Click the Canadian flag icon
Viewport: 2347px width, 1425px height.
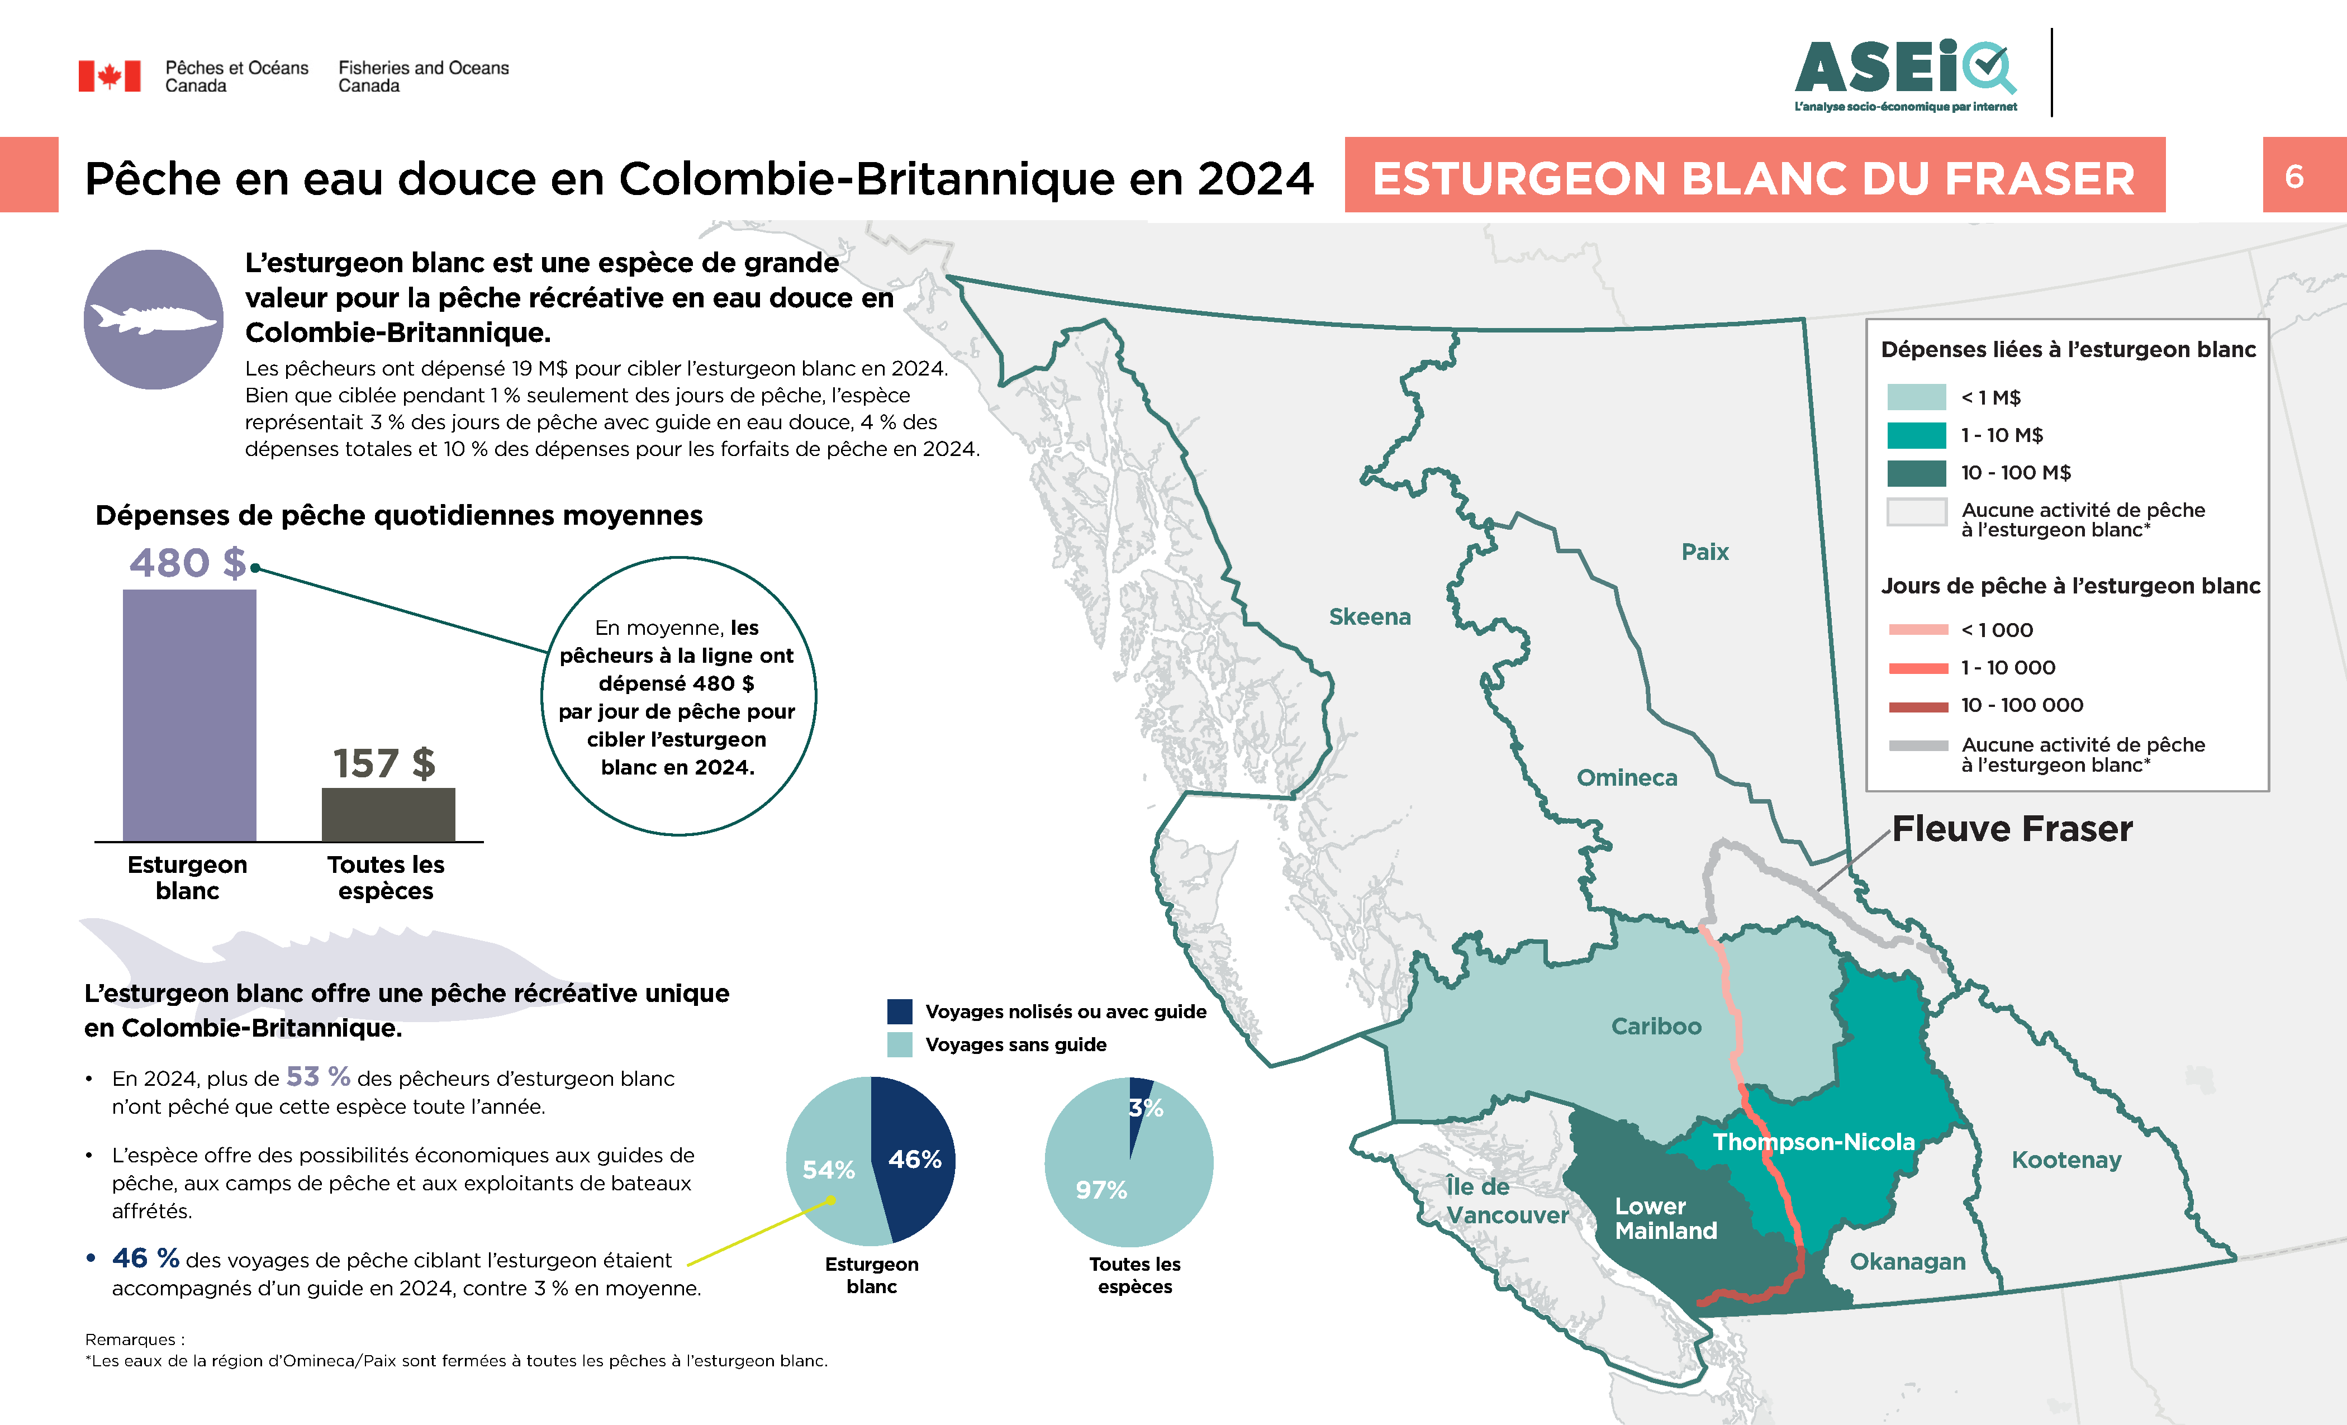coord(110,76)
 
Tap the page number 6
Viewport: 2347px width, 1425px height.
coord(2294,176)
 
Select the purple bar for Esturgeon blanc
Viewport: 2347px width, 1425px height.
coord(189,714)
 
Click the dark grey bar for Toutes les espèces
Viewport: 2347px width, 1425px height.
coord(388,814)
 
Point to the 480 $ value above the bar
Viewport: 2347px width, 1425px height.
coord(188,563)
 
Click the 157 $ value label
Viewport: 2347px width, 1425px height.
coord(384,763)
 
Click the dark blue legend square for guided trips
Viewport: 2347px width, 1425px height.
coord(899,1011)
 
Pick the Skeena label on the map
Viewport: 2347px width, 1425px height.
coord(1370,616)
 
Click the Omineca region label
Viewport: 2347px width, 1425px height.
coord(1627,777)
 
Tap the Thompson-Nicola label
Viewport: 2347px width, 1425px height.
coord(1813,1141)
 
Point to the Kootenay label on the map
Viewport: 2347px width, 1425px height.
coord(2066,1159)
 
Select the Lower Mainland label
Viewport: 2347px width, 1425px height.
coord(1666,1218)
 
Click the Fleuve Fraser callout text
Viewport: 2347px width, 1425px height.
coord(2012,829)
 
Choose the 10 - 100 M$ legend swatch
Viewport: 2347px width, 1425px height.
coord(1917,472)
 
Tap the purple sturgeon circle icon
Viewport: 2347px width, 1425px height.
coord(153,319)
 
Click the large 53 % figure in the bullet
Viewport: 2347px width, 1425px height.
coord(318,1076)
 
